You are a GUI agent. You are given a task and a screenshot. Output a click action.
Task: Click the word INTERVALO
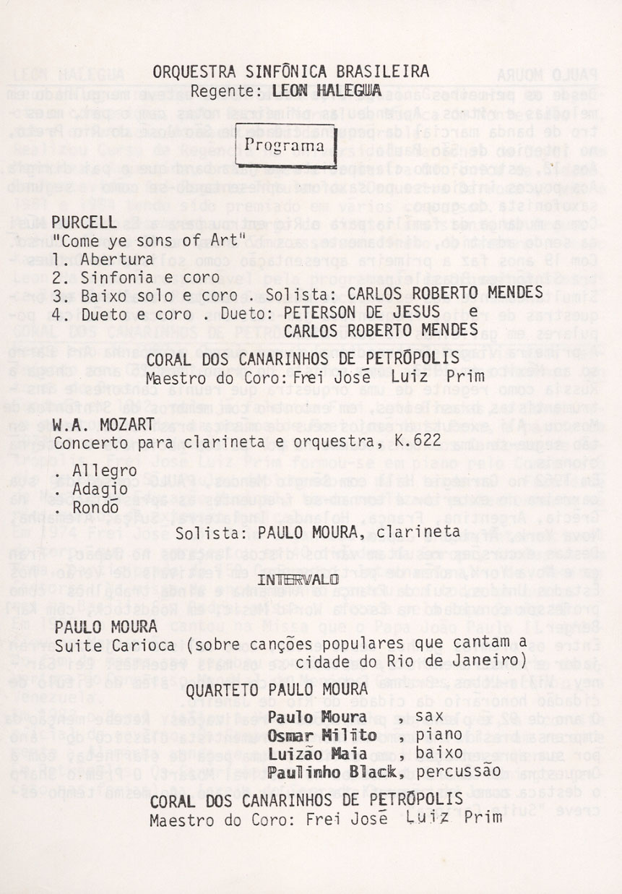click(298, 580)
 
